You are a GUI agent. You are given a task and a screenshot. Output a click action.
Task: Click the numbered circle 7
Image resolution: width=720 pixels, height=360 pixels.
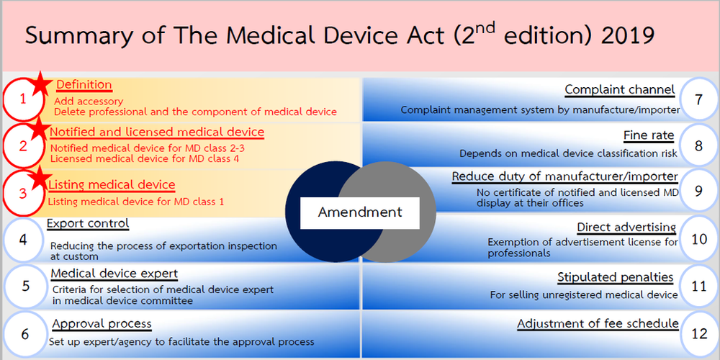tap(698, 99)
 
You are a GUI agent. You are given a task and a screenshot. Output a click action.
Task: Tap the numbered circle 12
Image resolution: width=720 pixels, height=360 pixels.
tap(698, 334)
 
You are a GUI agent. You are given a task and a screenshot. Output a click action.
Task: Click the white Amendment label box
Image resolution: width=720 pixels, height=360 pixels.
tap(360, 212)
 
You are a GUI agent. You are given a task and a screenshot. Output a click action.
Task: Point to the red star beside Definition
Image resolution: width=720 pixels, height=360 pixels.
tap(41, 84)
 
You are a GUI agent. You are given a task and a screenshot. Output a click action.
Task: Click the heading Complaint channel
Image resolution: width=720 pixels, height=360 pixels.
tap(619, 90)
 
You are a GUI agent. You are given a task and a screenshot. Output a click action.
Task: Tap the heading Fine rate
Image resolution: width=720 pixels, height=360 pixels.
tap(649, 135)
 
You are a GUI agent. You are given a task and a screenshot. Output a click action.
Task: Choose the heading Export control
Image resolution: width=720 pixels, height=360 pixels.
tap(88, 223)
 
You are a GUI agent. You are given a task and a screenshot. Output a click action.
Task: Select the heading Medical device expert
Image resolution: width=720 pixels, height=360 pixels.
tap(114, 274)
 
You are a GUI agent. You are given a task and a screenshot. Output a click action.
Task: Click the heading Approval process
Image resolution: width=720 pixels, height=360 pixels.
tap(102, 323)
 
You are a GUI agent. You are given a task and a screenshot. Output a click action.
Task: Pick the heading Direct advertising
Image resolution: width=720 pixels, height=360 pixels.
tap(626, 228)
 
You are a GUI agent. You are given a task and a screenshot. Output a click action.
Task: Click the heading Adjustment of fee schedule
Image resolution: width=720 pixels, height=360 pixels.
tap(597, 323)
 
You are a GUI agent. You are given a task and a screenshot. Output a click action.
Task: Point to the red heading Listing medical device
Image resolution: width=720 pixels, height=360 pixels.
tap(112, 185)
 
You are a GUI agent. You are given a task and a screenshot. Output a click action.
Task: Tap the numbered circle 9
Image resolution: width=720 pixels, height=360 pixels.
tap(698, 191)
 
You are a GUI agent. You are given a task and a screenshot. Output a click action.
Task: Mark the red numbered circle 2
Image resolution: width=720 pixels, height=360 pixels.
tap(24, 145)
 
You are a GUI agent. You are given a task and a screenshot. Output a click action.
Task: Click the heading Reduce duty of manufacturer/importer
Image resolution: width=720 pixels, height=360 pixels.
tap(564, 176)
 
